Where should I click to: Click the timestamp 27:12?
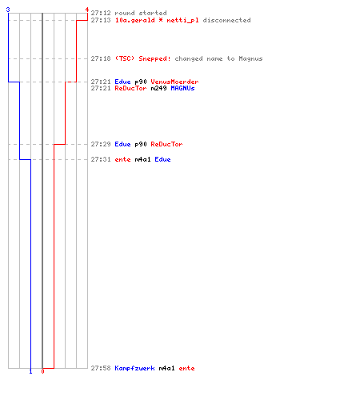coord(101,13)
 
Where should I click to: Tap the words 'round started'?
coord(141,13)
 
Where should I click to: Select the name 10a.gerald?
coord(134,20)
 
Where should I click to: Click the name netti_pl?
coord(182,21)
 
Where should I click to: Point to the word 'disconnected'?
coord(226,20)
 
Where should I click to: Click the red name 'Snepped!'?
coord(154,58)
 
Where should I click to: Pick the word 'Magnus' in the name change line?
coord(250,58)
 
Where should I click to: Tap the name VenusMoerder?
coord(174,82)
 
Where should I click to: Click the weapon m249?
coord(158,88)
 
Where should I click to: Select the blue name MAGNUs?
coord(182,88)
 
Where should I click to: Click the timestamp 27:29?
coord(101,144)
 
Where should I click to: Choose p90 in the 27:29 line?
coord(141,145)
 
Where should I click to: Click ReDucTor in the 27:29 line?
coord(166,144)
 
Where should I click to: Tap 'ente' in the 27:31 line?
coord(122,159)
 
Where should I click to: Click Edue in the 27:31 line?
coord(162,159)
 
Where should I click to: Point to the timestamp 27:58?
coord(101,368)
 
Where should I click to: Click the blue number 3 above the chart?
coord(8,10)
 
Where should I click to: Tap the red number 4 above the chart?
coord(87,10)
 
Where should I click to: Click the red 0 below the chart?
coord(42,371)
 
